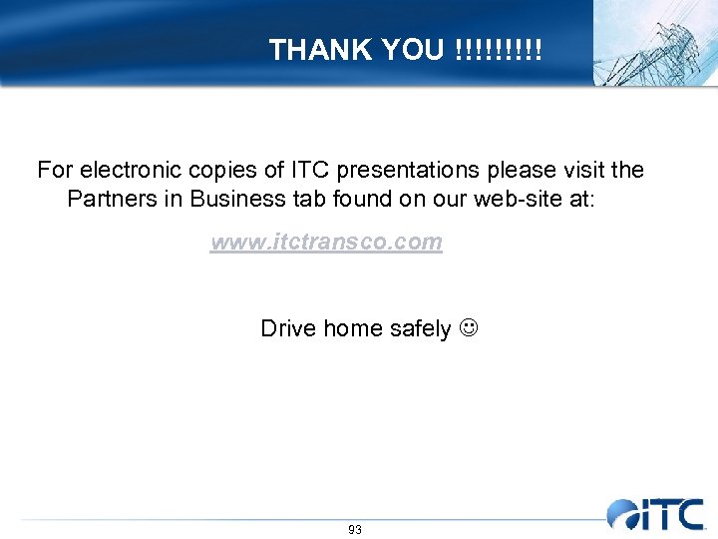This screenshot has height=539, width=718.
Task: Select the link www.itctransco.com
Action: coord(326,243)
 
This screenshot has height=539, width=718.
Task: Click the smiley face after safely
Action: coord(467,328)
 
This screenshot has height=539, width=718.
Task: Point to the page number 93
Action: coord(355,530)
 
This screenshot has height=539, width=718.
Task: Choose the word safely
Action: coord(419,328)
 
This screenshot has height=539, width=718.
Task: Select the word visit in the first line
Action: coord(579,170)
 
